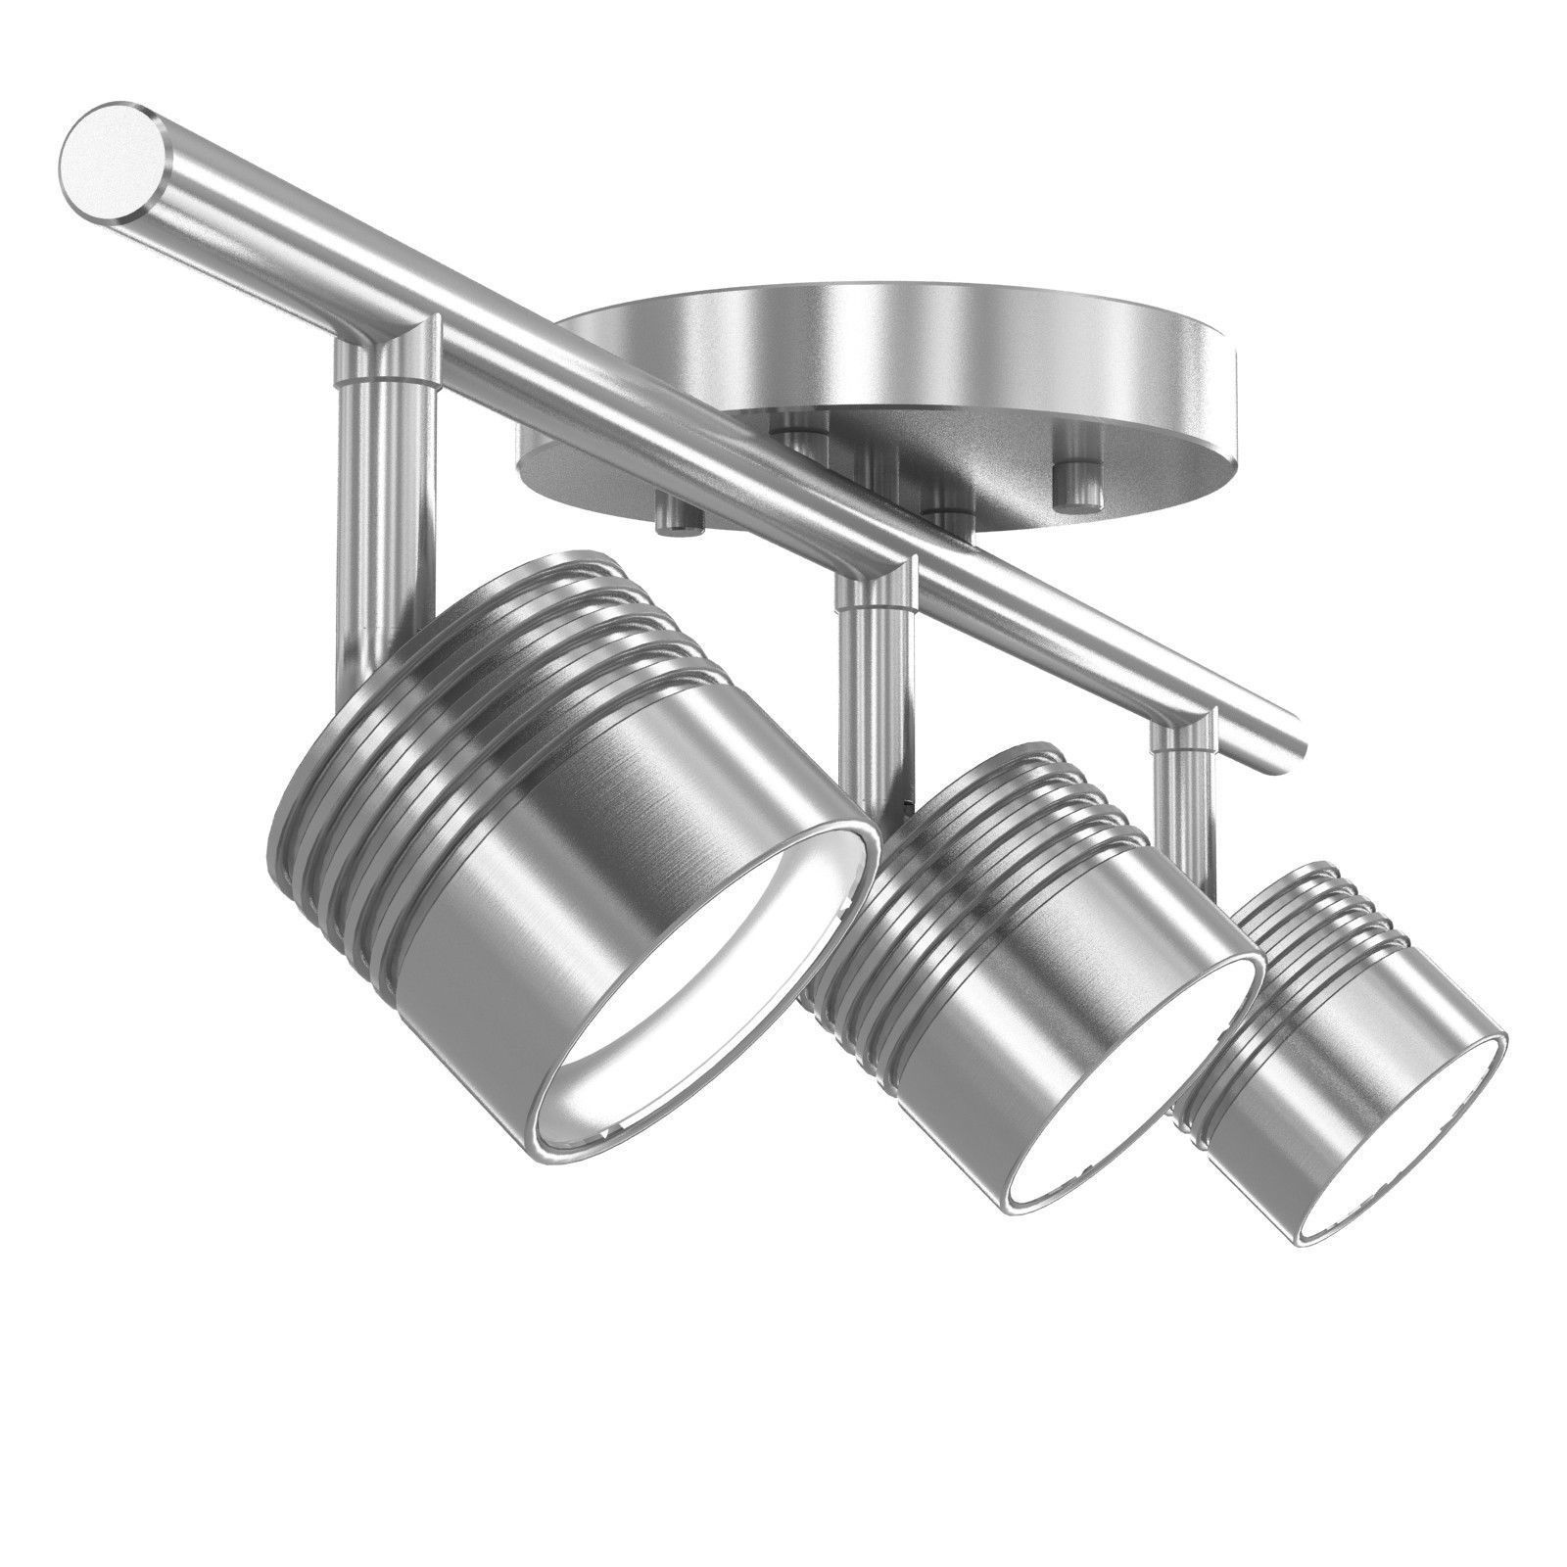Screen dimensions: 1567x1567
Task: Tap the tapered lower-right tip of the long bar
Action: [1291, 730]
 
